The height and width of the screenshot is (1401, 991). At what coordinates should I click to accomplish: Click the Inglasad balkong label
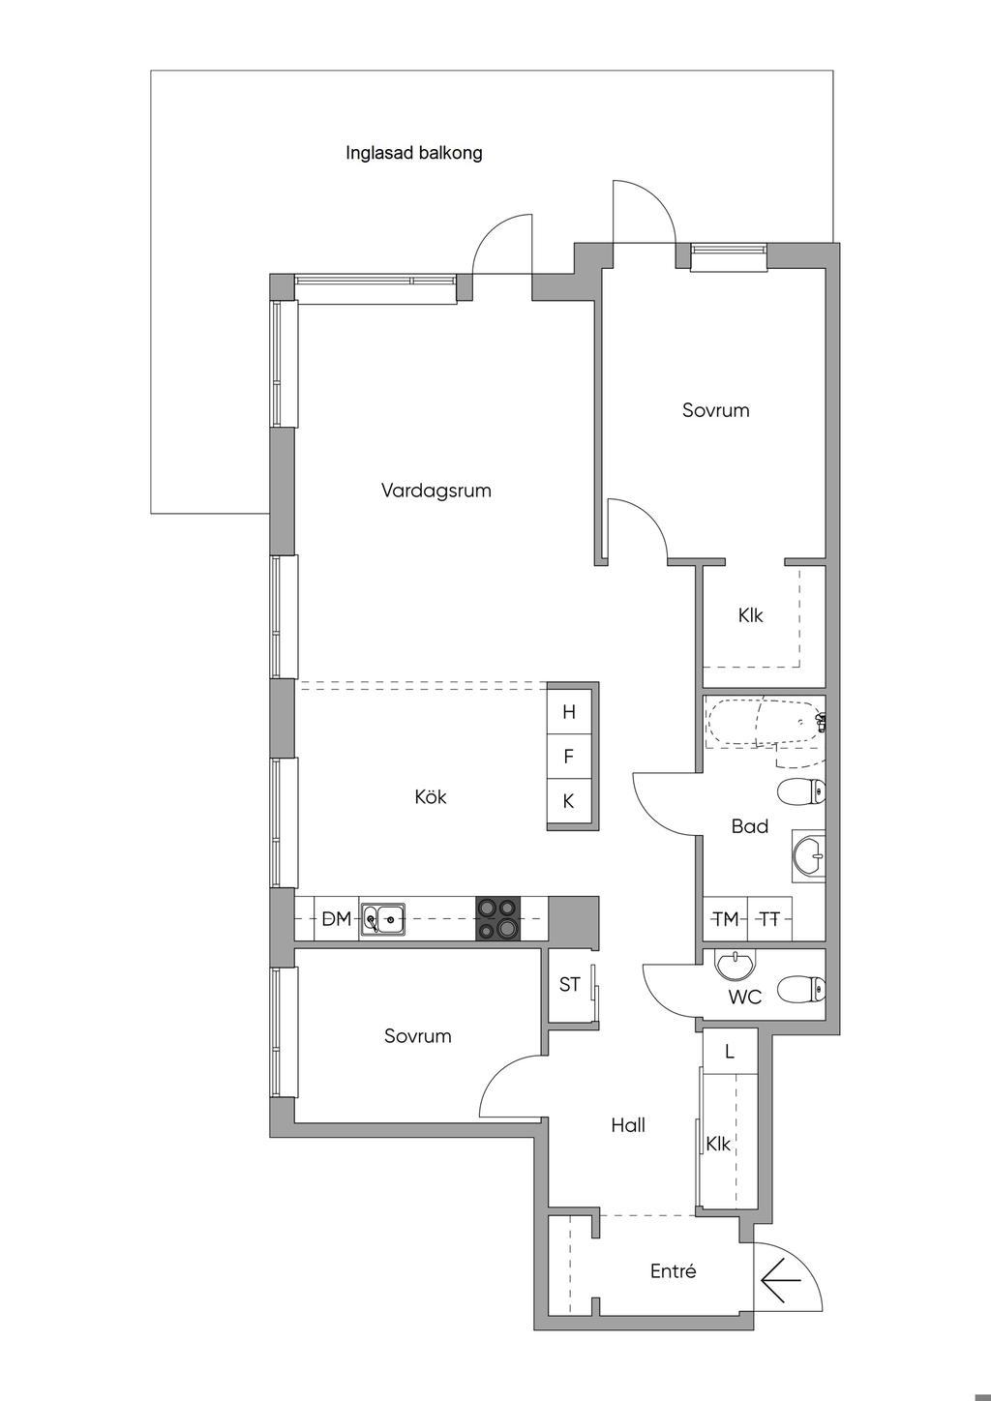414,153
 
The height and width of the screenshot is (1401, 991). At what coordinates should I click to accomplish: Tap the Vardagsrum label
436,491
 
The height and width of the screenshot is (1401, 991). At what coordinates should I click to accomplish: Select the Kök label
431,797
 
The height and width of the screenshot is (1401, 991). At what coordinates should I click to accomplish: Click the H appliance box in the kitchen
569,712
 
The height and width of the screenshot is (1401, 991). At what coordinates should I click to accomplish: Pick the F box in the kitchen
569,757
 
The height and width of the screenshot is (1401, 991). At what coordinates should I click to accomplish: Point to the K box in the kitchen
569,802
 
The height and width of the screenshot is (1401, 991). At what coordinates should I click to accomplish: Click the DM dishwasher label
336,919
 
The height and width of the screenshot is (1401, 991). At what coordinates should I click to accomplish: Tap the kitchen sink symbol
381,919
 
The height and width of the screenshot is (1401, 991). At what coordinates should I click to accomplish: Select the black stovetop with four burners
498,919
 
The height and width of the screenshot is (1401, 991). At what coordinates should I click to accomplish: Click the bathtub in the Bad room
765,723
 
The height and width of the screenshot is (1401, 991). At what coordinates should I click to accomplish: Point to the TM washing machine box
726,919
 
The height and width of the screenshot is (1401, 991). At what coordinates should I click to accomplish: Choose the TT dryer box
769,919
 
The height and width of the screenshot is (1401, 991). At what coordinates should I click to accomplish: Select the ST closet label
569,985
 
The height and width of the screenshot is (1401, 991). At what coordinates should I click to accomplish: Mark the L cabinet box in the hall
730,1052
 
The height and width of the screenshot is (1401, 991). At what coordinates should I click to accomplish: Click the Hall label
628,1126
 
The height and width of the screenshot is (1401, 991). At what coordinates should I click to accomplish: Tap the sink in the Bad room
809,855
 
